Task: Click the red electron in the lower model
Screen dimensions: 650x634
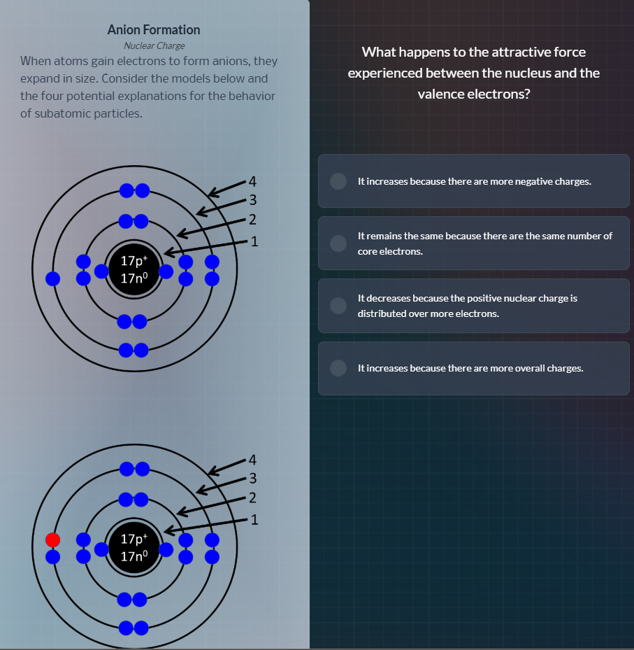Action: coord(52,539)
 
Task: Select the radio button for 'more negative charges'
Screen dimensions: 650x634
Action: coord(338,181)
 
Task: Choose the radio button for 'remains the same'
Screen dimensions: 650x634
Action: coord(338,243)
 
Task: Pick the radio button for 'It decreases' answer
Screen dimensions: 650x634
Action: coord(338,306)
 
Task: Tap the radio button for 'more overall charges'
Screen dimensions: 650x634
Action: coord(338,368)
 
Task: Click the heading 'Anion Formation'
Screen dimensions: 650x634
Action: coord(154,29)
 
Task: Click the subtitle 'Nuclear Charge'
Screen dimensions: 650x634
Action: coord(154,45)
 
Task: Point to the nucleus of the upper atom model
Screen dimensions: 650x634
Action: coord(134,269)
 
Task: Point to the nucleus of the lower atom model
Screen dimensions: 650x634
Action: coord(134,548)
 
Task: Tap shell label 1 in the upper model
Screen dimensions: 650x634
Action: coord(254,242)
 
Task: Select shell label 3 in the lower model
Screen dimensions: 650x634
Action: coord(253,479)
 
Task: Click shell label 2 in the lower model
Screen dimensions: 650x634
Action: coord(253,499)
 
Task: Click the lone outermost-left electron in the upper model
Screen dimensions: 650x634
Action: coord(52,278)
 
